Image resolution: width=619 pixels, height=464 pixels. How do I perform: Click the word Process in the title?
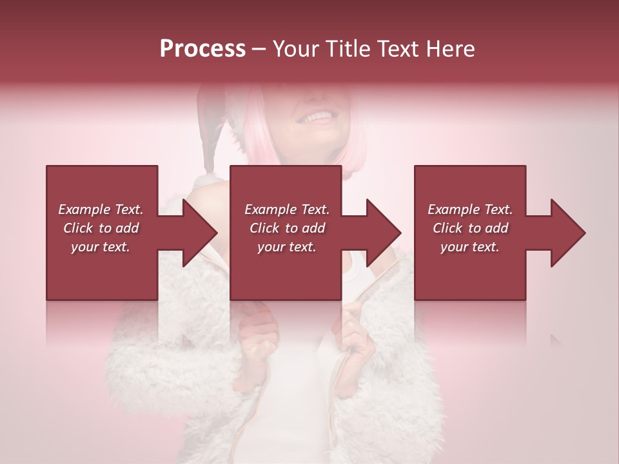202,49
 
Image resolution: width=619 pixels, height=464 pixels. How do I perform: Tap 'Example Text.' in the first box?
101,209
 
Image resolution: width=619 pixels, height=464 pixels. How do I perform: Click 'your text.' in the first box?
101,247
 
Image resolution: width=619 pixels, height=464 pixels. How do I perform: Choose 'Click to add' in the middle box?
286,228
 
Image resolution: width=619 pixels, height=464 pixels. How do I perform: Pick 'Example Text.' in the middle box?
286,209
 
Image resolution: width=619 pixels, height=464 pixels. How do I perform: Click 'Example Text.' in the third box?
470,209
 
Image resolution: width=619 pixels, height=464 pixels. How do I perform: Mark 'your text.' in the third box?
470,247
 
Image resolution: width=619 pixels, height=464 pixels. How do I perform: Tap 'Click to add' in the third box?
470,228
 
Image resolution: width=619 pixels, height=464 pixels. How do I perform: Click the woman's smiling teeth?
317,118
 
